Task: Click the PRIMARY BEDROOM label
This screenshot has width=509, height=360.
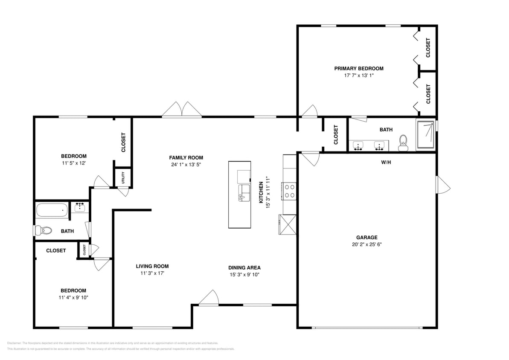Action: click(x=358, y=68)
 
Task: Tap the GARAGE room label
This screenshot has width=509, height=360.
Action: click(x=367, y=238)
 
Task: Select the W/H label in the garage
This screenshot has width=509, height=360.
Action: click(x=387, y=162)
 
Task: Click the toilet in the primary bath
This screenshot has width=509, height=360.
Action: click(x=403, y=143)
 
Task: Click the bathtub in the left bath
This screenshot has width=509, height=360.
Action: click(x=52, y=210)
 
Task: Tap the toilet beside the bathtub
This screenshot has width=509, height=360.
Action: click(x=44, y=231)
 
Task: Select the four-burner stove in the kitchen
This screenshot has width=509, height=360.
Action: click(x=289, y=191)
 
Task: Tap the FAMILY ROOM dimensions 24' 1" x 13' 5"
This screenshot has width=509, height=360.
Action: click(x=186, y=164)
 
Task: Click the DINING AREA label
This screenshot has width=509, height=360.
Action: click(x=244, y=268)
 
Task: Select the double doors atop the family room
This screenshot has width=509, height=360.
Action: click(x=182, y=110)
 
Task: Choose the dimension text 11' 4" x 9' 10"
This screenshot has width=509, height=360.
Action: click(x=73, y=297)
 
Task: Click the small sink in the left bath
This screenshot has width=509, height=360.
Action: click(x=80, y=207)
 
